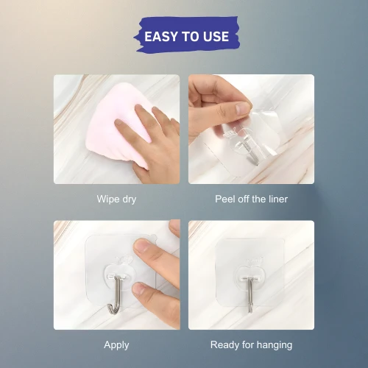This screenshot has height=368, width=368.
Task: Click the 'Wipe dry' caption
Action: [116, 199]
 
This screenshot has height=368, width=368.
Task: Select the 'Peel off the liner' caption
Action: [251, 199]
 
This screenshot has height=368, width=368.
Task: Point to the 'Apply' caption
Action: [116, 345]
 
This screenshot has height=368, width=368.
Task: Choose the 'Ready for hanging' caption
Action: [251, 345]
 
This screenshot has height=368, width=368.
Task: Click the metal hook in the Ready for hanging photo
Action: [250, 294]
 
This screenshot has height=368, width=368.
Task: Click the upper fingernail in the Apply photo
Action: [141, 246]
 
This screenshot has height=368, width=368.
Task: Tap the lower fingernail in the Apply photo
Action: [139, 289]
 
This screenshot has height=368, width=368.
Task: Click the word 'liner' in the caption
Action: [278, 199]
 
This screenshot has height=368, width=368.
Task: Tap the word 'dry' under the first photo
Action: [129, 199]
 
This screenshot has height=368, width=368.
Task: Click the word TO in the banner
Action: [187, 37]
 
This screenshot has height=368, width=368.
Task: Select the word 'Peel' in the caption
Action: [224, 199]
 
